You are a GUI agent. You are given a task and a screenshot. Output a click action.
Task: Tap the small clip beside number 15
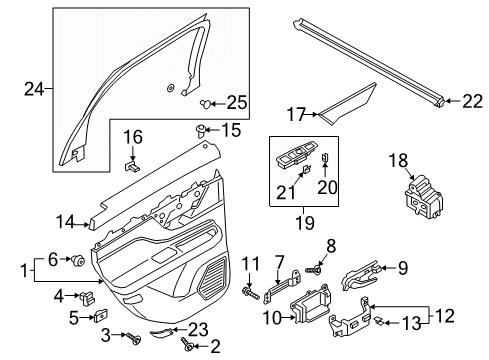(200, 130)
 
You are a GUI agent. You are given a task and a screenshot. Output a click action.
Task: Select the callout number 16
(133, 138)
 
